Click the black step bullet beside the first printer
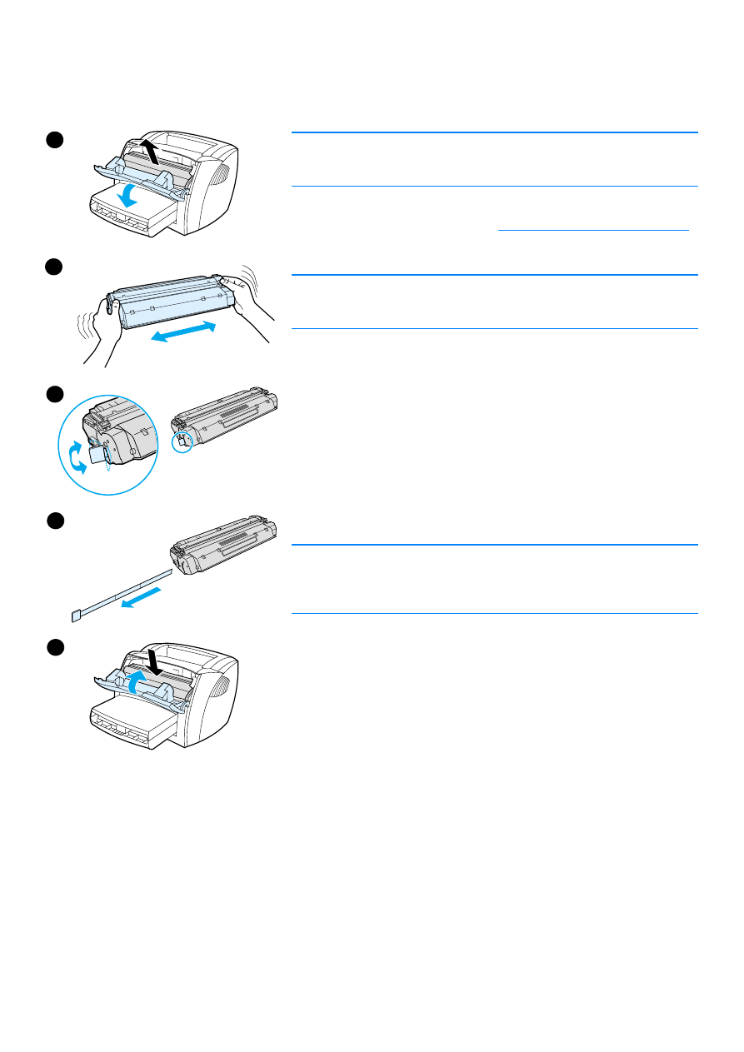(x=54, y=139)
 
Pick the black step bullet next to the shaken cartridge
(x=54, y=266)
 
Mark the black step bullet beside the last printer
(x=54, y=646)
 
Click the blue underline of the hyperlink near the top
(x=593, y=228)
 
